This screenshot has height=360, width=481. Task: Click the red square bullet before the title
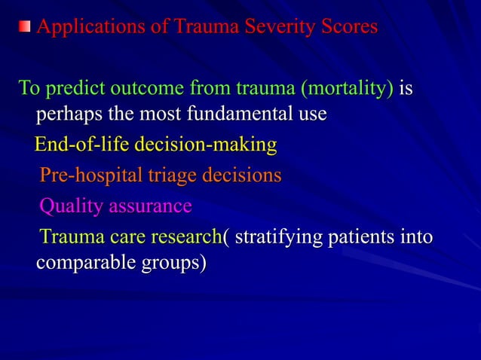coord(26,28)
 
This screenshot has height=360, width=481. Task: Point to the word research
coord(187,236)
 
